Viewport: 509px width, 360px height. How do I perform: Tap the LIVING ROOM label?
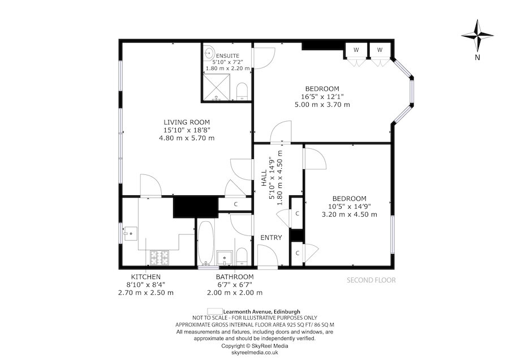click(187, 122)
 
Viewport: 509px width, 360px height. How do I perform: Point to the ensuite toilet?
click(241, 91)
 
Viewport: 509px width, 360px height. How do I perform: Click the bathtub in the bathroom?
click(205, 243)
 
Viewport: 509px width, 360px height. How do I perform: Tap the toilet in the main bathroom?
click(241, 256)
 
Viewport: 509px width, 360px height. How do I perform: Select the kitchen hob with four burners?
click(160, 258)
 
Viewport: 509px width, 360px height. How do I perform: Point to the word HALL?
click(264, 180)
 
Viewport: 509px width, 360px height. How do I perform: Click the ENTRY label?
click(271, 238)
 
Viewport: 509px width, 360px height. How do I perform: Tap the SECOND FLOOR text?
click(371, 280)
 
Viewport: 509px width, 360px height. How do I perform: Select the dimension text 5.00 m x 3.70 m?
click(322, 105)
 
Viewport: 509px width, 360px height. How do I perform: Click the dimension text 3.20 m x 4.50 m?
click(349, 215)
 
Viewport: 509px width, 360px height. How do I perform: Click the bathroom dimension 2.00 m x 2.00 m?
click(235, 293)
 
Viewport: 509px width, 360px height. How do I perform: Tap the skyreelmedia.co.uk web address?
click(255, 352)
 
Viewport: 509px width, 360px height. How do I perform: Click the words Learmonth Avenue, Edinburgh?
click(262, 311)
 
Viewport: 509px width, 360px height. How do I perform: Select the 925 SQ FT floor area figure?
click(292, 325)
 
